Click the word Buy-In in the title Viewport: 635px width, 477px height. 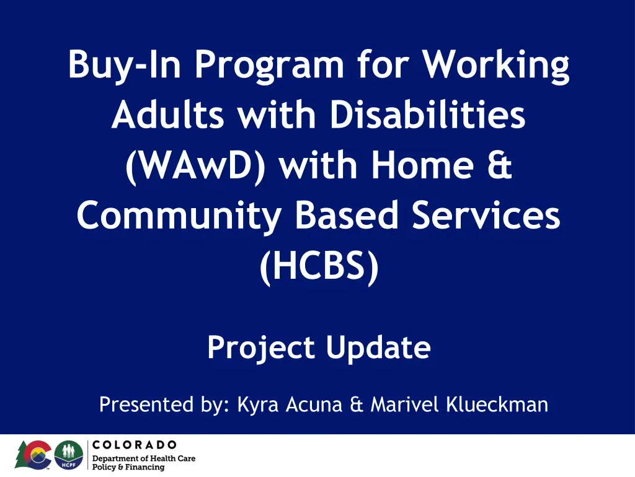coord(124,64)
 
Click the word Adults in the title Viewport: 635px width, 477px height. coord(167,114)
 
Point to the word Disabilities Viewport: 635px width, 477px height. coord(427,114)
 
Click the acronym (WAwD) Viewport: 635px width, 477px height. coord(195,166)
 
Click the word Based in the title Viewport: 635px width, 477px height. coord(347,215)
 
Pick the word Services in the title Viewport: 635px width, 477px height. coord(486,215)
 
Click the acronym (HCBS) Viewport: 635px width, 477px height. coord(319,266)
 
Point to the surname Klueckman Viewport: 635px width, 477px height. coord(497,404)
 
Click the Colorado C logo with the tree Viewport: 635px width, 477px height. coord(33,455)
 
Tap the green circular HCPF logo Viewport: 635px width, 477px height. coord(69,455)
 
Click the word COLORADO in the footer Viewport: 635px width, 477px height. coord(135,445)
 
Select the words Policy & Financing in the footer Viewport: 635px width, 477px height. coord(128,467)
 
